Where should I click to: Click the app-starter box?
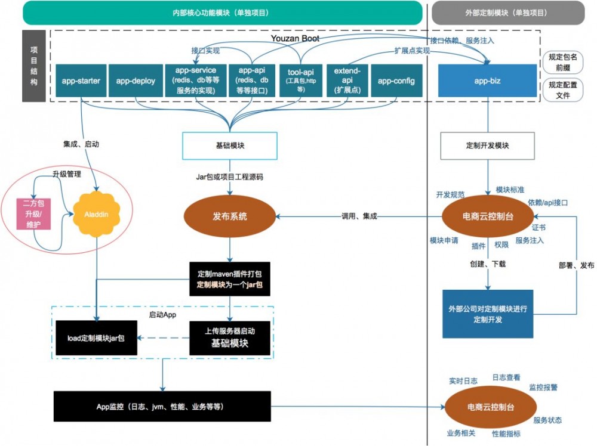click(x=81, y=80)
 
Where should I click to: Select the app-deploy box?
click(x=136, y=80)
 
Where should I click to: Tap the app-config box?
click(x=397, y=80)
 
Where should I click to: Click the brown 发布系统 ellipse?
click(x=230, y=216)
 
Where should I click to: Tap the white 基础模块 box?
click(x=230, y=145)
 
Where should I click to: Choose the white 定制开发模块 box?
click(x=487, y=145)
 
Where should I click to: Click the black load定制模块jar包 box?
click(x=96, y=338)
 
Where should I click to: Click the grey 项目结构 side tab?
click(x=33, y=65)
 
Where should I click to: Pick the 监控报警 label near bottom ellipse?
click(x=543, y=388)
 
